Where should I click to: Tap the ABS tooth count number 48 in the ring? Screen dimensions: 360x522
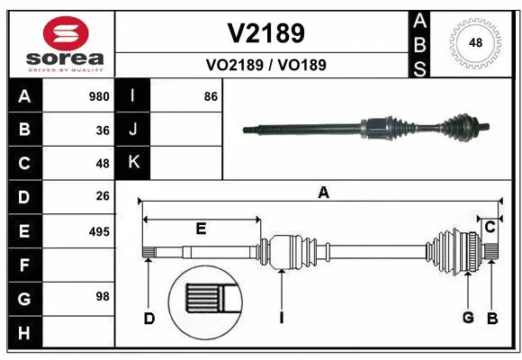click(476, 42)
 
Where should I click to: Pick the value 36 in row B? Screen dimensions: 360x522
click(103, 130)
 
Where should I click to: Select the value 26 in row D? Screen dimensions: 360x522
click(103, 197)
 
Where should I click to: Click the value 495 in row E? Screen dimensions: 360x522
click(99, 231)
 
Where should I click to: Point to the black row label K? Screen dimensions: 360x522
click(133, 164)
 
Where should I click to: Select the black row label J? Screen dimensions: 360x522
click(133, 130)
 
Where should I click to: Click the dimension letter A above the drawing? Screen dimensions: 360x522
click(323, 192)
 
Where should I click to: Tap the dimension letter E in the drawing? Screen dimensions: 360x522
click(201, 229)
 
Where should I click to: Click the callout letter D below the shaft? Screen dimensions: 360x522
click(149, 318)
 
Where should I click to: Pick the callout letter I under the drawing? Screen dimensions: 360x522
click(283, 318)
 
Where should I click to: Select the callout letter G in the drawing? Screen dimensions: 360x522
click(468, 318)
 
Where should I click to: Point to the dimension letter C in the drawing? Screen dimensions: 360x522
click(490, 227)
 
